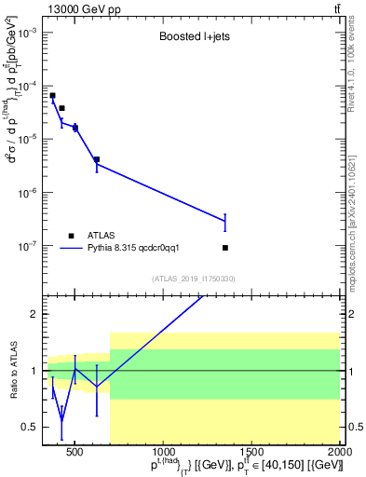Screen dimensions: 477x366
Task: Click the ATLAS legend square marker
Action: pos(70,235)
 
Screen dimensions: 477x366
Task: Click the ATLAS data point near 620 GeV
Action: pos(97,159)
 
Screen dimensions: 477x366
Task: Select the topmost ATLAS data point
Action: pos(52,95)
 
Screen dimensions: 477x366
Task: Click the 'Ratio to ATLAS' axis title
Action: pos(12,371)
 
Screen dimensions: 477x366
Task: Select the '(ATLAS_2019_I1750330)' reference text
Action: pos(194,279)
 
